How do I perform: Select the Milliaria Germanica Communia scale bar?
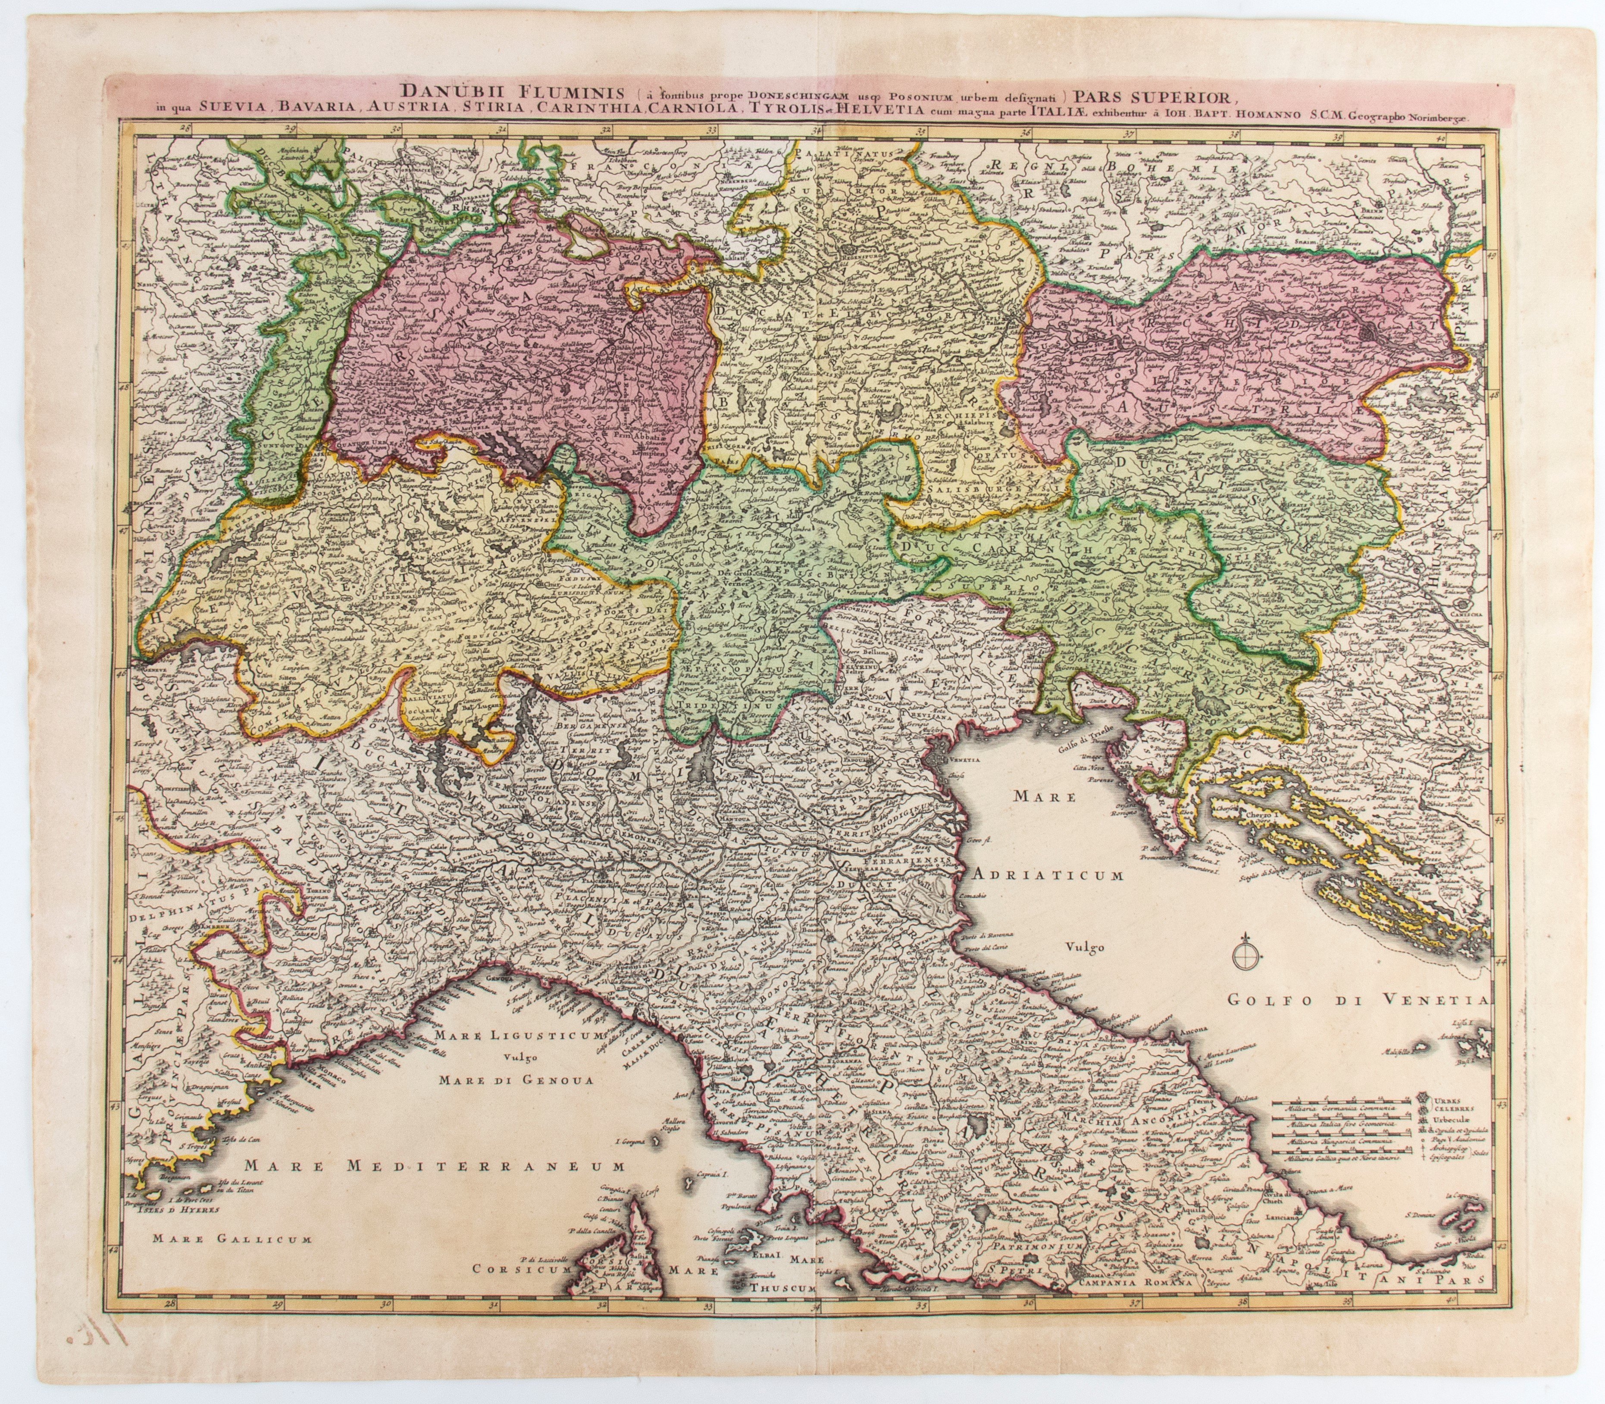tap(1342, 1108)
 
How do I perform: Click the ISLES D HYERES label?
tap(175, 1208)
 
